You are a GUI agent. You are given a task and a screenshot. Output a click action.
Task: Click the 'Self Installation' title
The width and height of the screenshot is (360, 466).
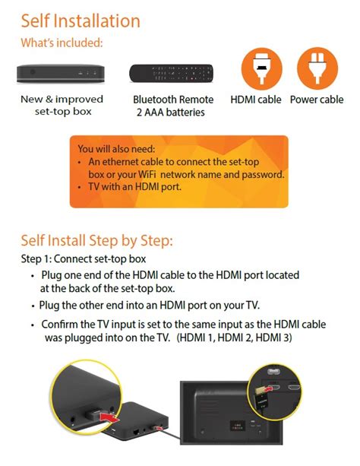click(x=81, y=21)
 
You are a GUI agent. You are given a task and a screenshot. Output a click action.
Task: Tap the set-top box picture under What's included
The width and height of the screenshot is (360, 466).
click(x=61, y=74)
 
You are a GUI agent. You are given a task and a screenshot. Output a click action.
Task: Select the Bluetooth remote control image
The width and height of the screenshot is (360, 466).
click(x=171, y=74)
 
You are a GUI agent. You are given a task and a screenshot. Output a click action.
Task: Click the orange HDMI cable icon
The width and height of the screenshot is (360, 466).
click(x=262, y=68)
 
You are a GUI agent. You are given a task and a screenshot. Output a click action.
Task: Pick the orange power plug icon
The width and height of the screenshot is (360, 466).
click(x=317, y=68)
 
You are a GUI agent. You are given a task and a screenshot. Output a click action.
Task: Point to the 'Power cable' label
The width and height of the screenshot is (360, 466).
click(x=317, y=100)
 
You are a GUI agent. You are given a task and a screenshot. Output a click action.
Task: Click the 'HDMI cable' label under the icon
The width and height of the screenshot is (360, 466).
click(x=256, y=100)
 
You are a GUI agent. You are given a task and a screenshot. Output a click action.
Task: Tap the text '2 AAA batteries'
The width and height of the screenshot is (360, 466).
click(x=171, y=113)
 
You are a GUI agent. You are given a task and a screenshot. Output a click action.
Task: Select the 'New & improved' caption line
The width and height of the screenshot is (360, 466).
click(x=62, y=99)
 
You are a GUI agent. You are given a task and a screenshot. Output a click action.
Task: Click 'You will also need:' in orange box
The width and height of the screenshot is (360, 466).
click(x=116, y=148)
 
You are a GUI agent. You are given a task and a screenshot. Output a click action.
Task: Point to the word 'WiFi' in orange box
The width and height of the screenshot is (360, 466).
click(x=147, y=174)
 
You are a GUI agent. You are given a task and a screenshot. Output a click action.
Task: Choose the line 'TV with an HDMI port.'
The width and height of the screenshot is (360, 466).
click(x=134, y=187)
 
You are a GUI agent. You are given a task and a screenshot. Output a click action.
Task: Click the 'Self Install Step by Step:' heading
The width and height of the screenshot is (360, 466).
click(x=96, y=240)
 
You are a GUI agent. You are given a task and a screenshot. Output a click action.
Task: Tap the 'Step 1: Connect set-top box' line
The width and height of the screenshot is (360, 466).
click(x=84, y=259)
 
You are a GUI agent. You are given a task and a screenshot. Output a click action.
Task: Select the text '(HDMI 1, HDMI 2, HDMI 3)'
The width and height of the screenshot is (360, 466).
click(x=235, y=338)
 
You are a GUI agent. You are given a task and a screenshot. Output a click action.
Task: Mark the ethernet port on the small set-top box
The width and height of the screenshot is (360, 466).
click(x=137, y=432)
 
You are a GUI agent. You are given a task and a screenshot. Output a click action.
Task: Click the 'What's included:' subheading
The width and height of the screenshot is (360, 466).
click(x=62, y=43)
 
